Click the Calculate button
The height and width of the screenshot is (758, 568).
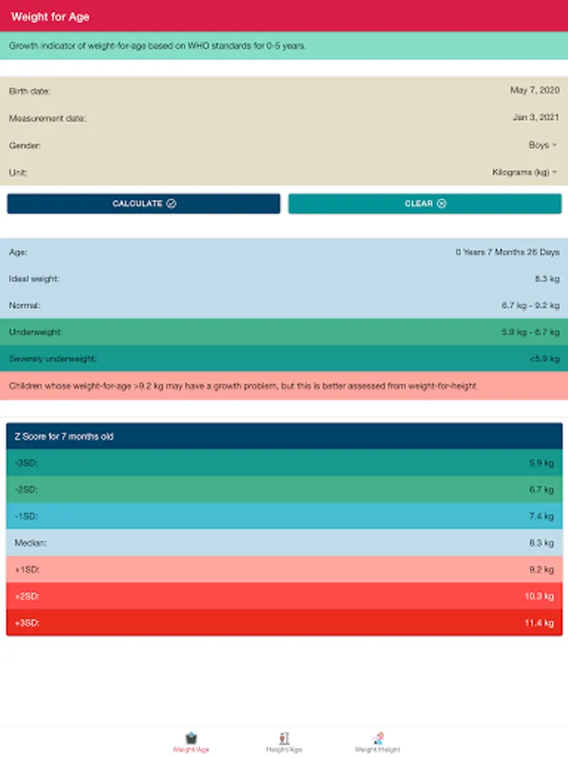pos(144,204)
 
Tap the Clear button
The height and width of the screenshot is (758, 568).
pos(425,204)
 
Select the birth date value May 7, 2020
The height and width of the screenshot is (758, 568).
pos(534,90)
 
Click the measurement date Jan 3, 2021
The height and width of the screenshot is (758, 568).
pos(535,117)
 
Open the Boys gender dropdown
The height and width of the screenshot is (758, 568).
pos(542,145)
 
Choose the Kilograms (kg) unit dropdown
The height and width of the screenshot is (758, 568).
pos(524,172)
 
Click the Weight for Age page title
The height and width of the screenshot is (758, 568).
pos(50,17)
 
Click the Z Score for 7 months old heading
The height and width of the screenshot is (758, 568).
pos(64,436)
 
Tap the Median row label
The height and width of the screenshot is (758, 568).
pos(30,543)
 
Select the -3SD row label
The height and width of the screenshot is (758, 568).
pos(26,463)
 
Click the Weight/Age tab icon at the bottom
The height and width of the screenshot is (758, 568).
pos(191,737)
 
